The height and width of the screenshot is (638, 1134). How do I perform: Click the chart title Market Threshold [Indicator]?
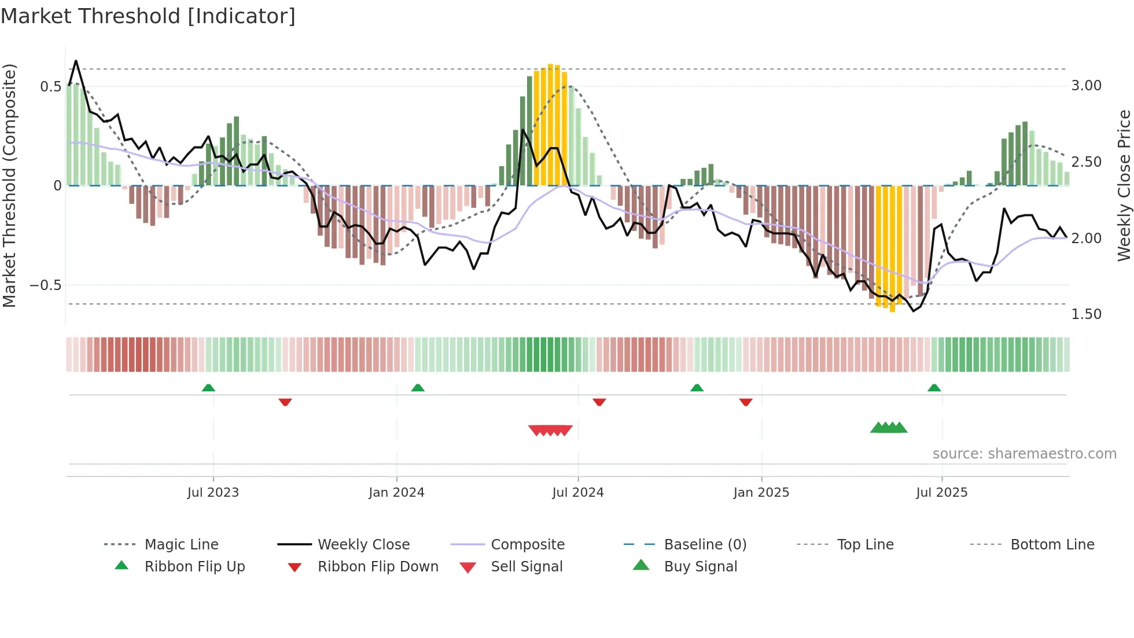[148, 16]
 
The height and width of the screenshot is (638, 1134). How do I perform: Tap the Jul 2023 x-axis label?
[213, 493]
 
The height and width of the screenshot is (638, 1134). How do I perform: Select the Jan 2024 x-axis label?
[396, 493]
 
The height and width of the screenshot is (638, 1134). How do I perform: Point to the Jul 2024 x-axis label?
[577, 493]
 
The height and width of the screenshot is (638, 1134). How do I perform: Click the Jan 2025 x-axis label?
[761, 493]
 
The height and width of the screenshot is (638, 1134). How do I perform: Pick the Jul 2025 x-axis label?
[941, 493]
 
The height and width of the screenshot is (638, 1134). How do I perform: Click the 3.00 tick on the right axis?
[1086, 86]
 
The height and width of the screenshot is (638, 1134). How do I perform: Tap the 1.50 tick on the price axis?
[1086, 314]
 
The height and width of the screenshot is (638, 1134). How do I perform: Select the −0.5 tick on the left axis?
[45, 285]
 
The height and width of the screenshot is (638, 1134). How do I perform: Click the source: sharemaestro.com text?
[1024, 454]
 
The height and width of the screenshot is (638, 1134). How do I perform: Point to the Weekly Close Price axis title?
[1124, 185]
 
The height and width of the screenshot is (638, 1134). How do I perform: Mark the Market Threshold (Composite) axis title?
[9, 185]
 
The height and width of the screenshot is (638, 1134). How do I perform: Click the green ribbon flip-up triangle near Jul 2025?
[934, 388]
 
